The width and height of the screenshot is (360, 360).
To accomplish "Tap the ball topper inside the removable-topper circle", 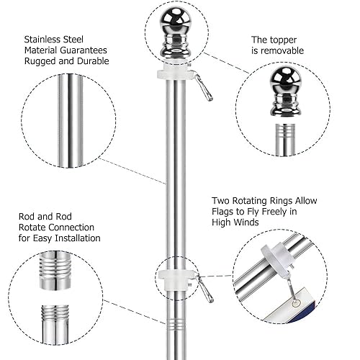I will pos(287,83).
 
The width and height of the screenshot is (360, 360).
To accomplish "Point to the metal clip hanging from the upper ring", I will pos(204,89).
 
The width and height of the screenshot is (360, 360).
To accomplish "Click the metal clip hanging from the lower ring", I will pos(205,289).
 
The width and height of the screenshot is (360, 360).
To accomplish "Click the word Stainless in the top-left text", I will pos(47,40).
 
